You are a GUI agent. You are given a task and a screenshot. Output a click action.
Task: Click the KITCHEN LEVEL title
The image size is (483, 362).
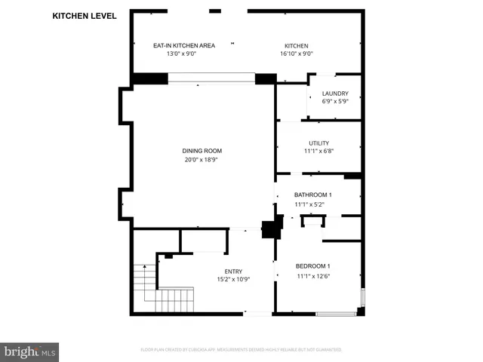coord(85,15)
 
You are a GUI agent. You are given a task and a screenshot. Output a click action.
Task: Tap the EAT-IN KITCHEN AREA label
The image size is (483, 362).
coord(184,45)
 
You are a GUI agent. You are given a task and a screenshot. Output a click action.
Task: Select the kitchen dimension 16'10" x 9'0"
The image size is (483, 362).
coord(297,54)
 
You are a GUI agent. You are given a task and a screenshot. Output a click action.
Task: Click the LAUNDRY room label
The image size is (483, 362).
coord(335,94)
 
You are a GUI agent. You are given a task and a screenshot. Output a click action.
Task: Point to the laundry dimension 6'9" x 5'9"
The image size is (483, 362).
coord(335,102)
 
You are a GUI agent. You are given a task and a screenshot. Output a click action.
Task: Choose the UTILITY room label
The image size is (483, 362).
coord(318,143)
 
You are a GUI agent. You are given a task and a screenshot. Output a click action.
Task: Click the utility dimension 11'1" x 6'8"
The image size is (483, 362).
coord(318,151)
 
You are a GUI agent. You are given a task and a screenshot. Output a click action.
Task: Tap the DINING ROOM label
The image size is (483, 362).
coord(202,151)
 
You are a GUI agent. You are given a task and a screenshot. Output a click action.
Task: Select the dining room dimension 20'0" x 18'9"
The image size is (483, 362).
coord(202,159)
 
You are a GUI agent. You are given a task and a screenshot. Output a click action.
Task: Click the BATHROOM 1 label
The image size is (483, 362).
coord(312,195)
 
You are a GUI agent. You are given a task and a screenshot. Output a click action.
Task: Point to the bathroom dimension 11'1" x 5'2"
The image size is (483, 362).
coord(312,204)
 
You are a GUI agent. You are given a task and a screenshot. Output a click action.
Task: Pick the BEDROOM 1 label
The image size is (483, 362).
coord(312,266)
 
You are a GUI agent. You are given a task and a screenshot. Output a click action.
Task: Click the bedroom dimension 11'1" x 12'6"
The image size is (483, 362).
coord(312,275)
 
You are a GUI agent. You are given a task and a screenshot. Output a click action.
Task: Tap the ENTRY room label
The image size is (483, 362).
coord(233,271)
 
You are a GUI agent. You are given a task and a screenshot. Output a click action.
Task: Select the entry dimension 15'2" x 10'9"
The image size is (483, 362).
coord(233,280)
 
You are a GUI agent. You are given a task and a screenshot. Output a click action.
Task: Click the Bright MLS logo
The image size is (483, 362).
coord(30,351)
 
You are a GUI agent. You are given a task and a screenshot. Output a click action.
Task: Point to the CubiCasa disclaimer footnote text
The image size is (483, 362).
coord(241,349)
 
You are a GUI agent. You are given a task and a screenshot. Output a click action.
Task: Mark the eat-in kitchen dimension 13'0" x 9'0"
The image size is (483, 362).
coord(184,54)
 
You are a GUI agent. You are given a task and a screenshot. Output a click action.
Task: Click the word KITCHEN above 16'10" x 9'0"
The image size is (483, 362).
coord(297,45)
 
